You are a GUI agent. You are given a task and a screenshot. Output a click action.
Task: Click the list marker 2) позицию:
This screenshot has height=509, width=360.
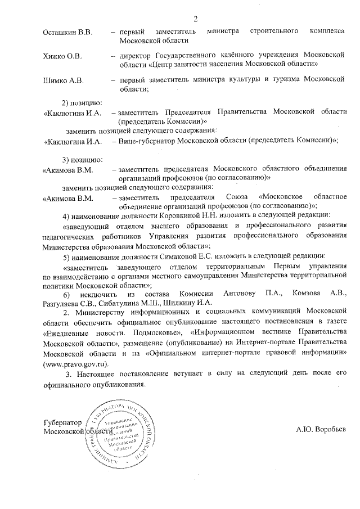coord(81,103)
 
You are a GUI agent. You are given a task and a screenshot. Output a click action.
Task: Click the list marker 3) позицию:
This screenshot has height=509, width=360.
coord(81,160)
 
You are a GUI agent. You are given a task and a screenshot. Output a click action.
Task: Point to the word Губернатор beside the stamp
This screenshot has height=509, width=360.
coord(62,422)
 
